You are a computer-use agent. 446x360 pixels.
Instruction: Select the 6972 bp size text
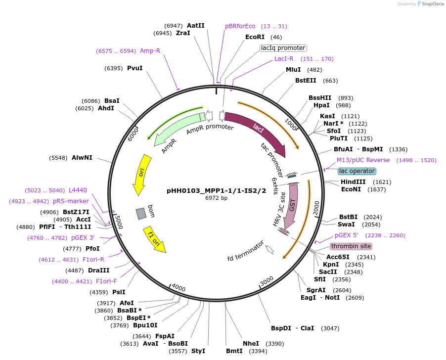[217, 198]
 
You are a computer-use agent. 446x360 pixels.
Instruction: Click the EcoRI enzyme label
[255, 37]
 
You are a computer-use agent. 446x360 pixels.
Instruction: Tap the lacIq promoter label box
[283, 48]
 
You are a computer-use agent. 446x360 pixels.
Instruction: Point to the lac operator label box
[357, 171]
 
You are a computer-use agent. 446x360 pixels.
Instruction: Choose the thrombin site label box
[351, 246]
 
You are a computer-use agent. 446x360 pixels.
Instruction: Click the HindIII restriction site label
[353, 182]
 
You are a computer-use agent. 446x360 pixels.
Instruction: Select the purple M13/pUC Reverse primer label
[363, 160]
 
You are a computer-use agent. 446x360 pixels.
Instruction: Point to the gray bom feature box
[141, 213]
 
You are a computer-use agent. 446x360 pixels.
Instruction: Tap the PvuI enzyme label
[134, 68]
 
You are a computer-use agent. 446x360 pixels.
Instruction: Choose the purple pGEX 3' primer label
[83, 238]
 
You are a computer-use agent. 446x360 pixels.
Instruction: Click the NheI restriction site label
[251, 343]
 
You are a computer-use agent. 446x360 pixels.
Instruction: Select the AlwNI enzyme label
[82, 158]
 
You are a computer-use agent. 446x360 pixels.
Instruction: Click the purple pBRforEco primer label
[240, 26]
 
